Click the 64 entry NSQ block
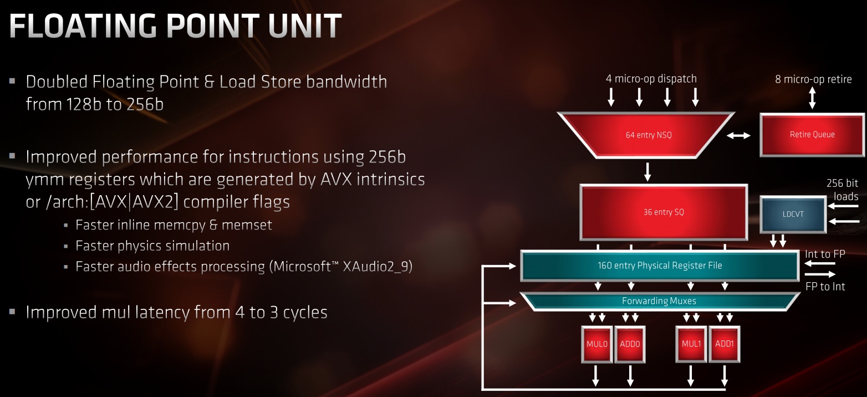coord(648,135)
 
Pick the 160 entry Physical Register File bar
coord(659,266)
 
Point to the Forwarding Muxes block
coord(659,301)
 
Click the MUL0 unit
coord(596,344)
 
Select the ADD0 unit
coord(630,344)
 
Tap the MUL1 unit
coord(691,344)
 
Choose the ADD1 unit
coord(724,344)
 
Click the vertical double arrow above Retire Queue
coord(812,99)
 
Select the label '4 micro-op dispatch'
coord(651,79)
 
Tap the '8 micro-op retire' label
coord(813,79)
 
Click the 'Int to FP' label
coord(824,254)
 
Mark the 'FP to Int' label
coord(825,287)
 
